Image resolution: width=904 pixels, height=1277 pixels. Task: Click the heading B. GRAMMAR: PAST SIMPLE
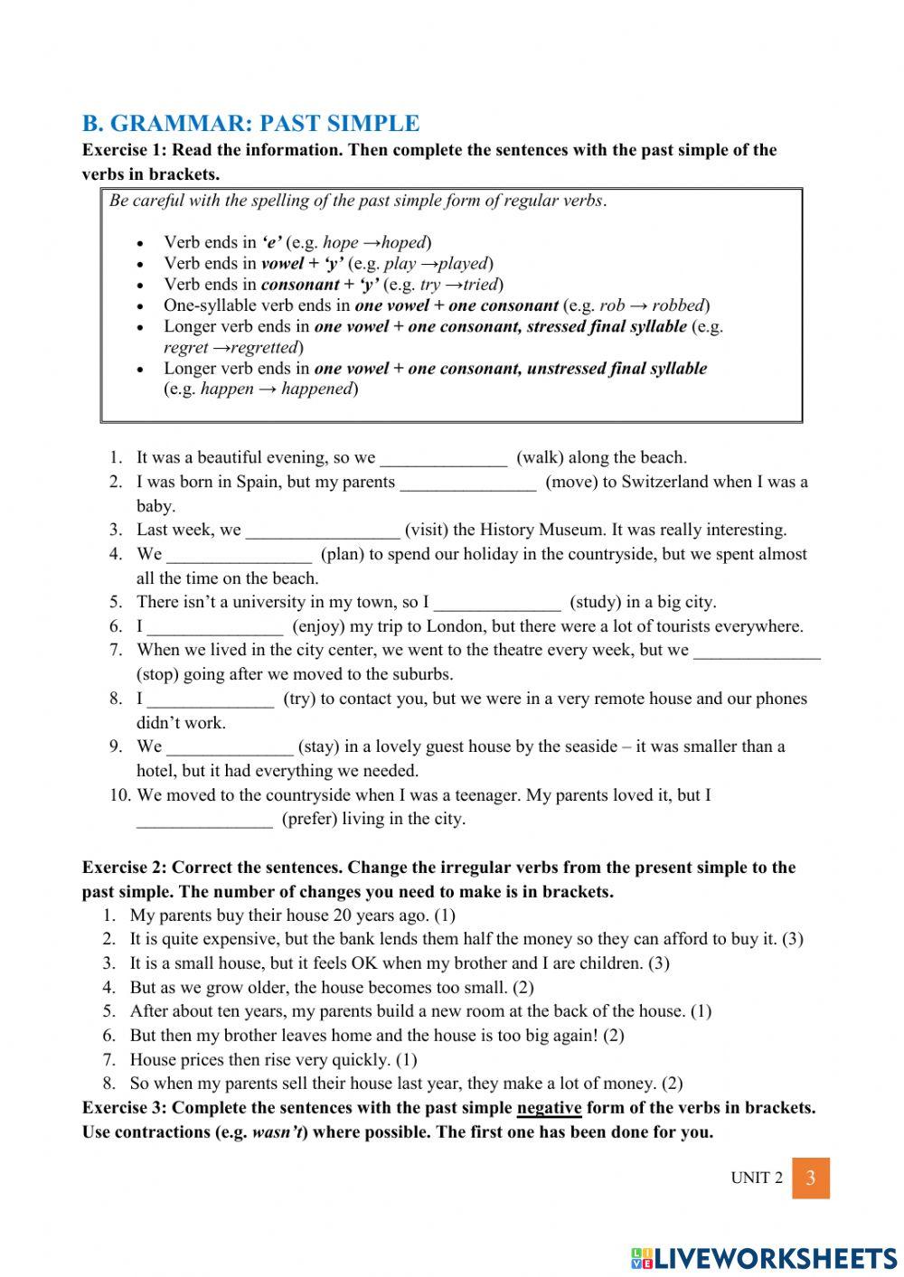250,124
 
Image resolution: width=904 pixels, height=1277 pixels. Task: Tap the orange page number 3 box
810,1178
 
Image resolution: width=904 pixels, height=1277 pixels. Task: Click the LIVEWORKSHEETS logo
764,1257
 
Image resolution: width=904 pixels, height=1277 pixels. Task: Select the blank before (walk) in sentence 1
443,458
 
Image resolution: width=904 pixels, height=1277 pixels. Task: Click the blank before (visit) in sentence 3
322,531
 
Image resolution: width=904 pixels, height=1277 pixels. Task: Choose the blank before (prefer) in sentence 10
204,820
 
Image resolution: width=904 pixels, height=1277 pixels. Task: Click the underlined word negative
549,1108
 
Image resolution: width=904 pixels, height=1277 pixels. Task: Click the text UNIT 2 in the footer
757,1178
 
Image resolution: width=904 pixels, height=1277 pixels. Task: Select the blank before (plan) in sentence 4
240,555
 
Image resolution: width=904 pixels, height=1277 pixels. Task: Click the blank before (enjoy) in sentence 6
215,627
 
